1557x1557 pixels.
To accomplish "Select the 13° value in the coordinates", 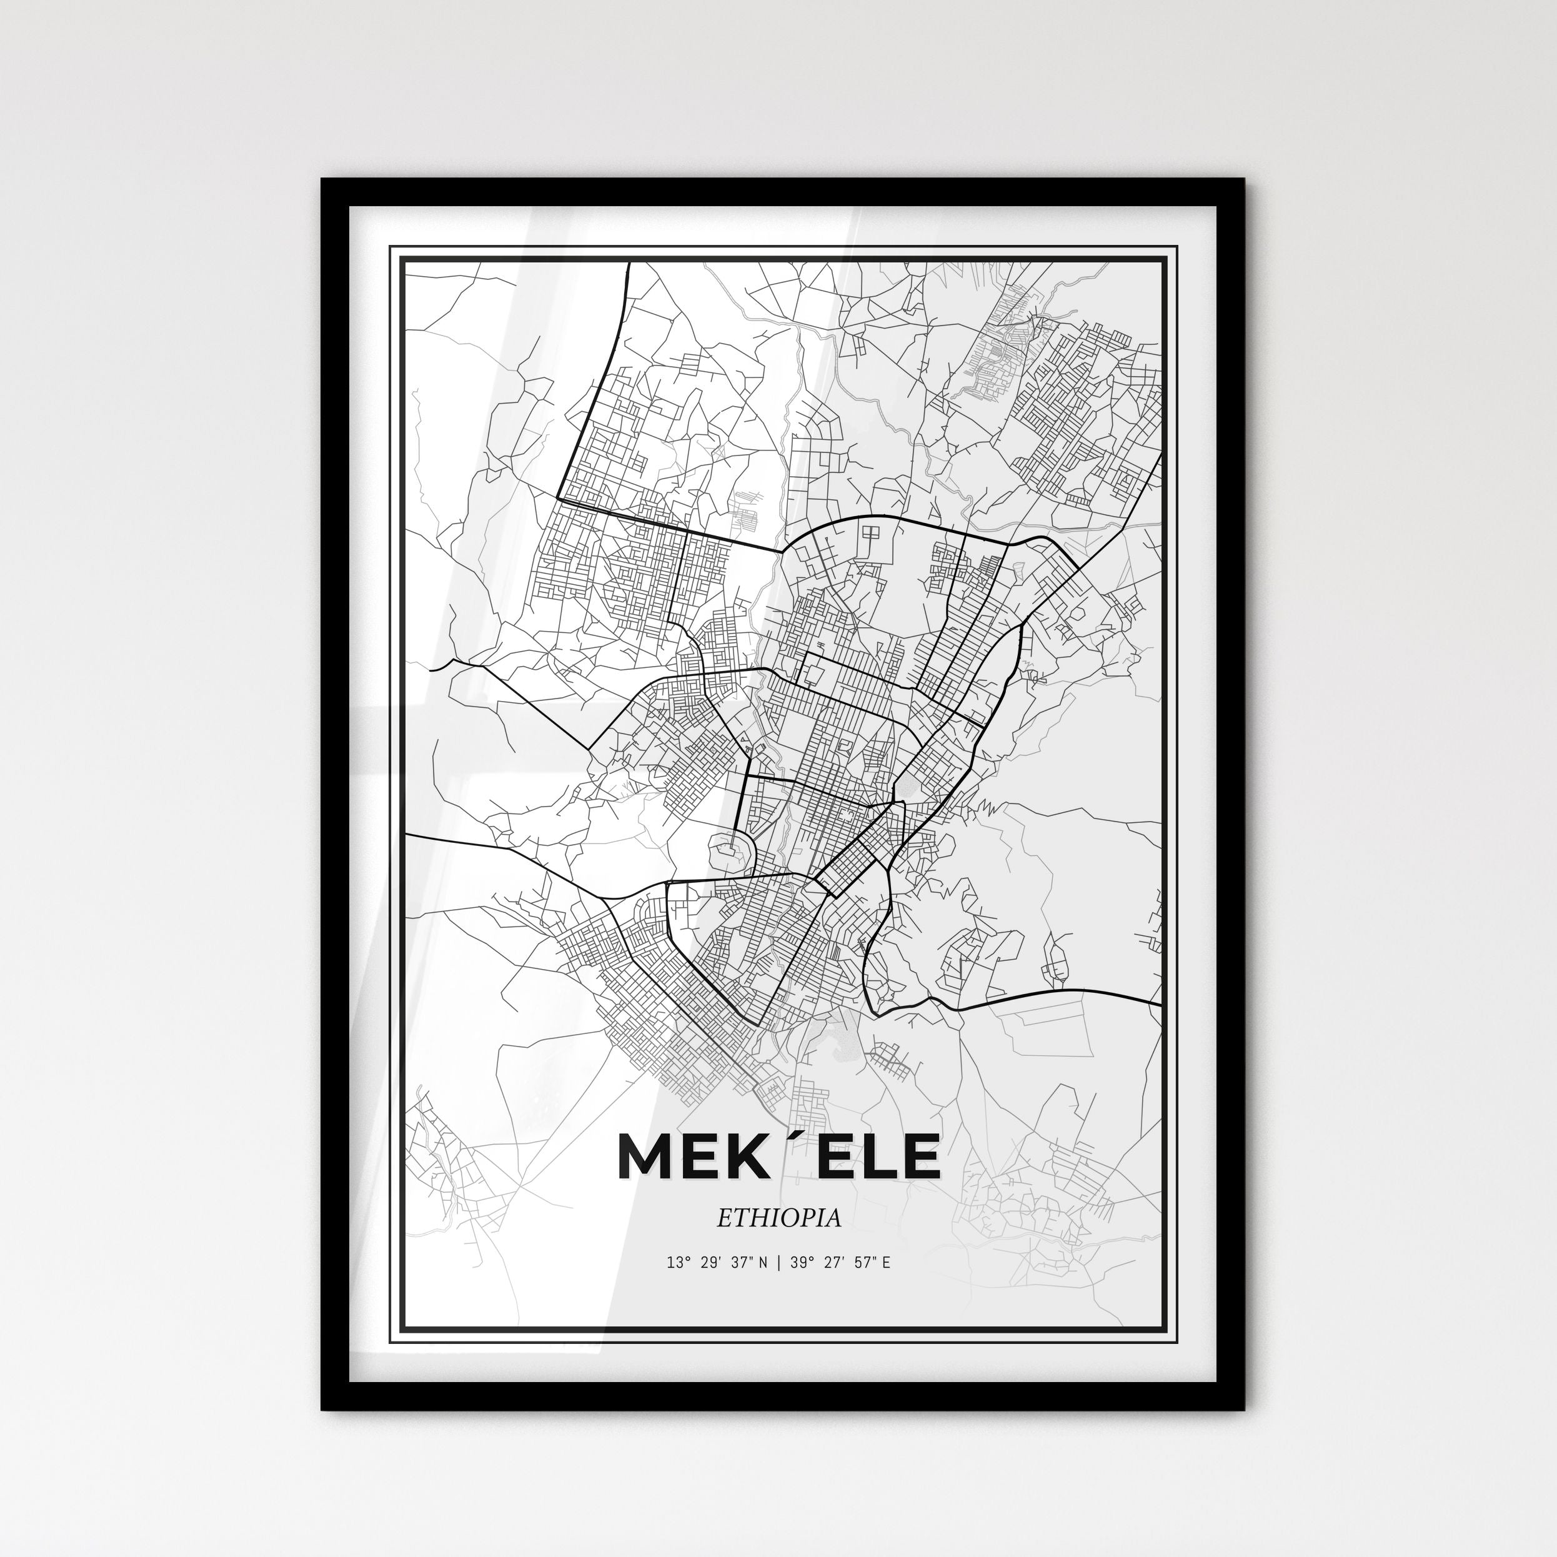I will pos(676,1263).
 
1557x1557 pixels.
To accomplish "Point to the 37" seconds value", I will pos(739,1263).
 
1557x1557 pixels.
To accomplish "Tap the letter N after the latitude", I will pos(762,1263).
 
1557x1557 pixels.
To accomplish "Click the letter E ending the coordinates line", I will pos(886,1263).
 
